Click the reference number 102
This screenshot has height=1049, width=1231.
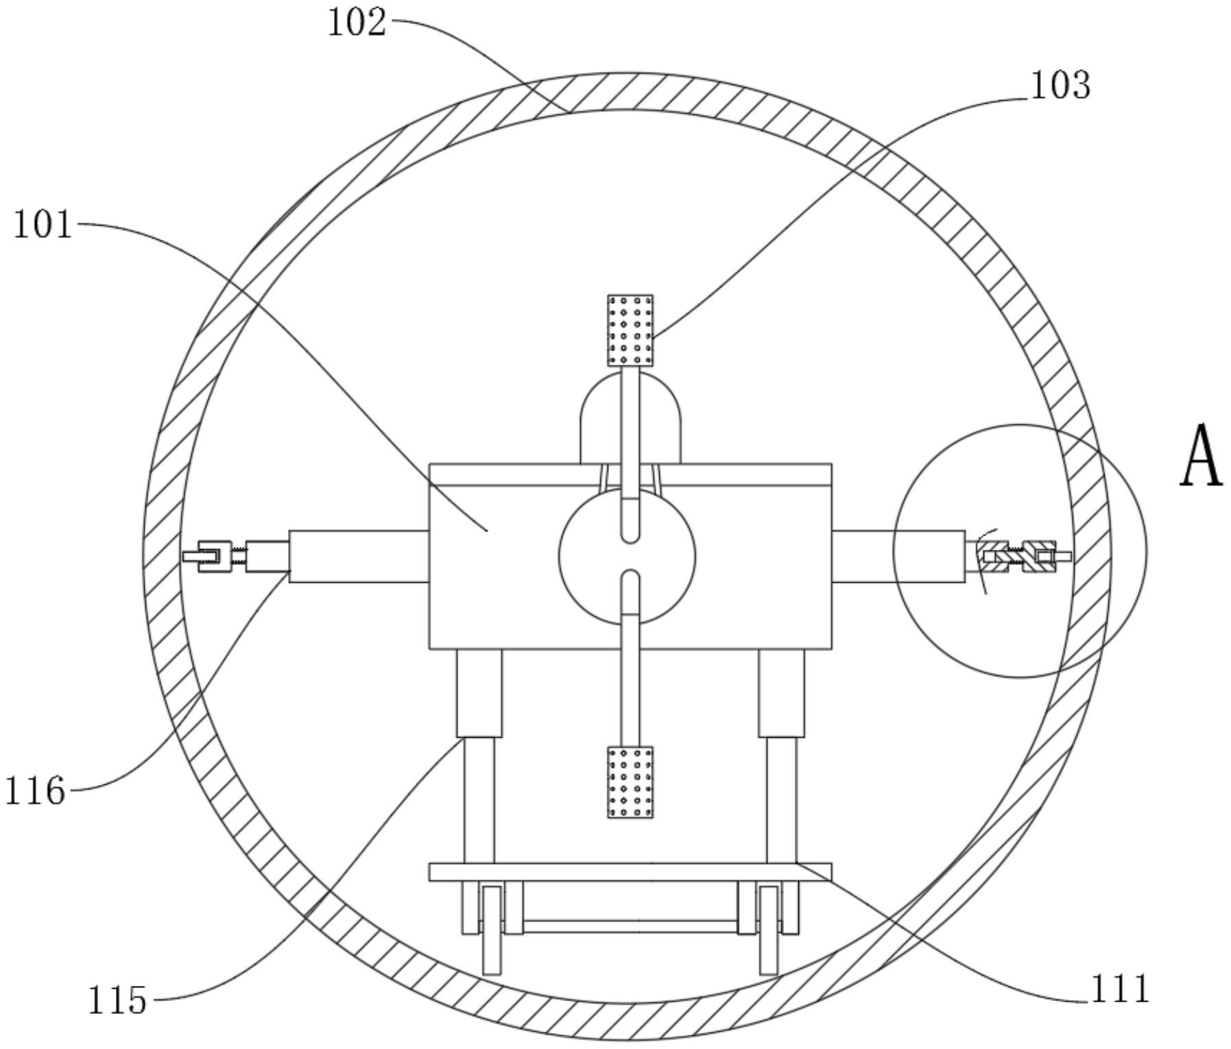tap(357, 23)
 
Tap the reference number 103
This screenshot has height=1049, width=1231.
tap(1060, 86)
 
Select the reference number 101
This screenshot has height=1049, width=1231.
tap(43, 224)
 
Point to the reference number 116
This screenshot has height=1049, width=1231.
tap(36, 791)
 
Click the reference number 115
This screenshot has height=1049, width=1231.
tap(117, 1000)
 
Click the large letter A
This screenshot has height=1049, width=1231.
tap(1202, 456)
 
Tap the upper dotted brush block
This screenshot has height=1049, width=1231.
tap(630, 330)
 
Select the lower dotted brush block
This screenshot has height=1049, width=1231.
tap(630, 782)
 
